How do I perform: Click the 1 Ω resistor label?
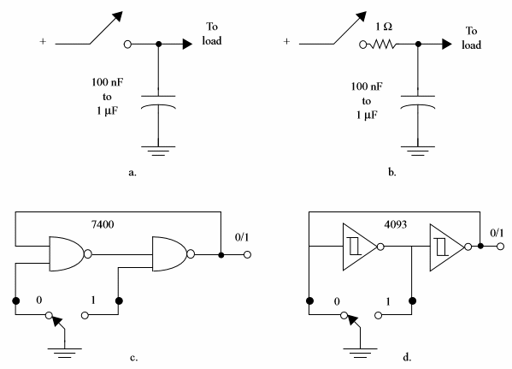point(384,27)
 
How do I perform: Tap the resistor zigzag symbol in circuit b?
point(383,45)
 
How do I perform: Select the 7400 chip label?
point(103,224)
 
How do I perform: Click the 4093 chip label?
point(396,224)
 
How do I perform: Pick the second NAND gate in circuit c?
point(173,254)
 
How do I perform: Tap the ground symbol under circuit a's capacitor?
point(158,151)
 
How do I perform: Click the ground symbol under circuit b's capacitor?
point(418,151)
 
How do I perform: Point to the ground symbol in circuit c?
point(65,353)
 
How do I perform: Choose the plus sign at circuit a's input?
point(43,42)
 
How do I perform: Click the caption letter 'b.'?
point(392,172)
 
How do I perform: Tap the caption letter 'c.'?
point(133,358)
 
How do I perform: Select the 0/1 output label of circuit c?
point(242,237)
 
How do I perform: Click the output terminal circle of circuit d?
point(500,247)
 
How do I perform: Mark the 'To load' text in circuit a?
point(212,33)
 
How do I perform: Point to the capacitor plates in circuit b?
point(418,102)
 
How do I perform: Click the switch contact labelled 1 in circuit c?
point(85,315)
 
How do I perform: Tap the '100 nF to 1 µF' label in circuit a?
point(107,97)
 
